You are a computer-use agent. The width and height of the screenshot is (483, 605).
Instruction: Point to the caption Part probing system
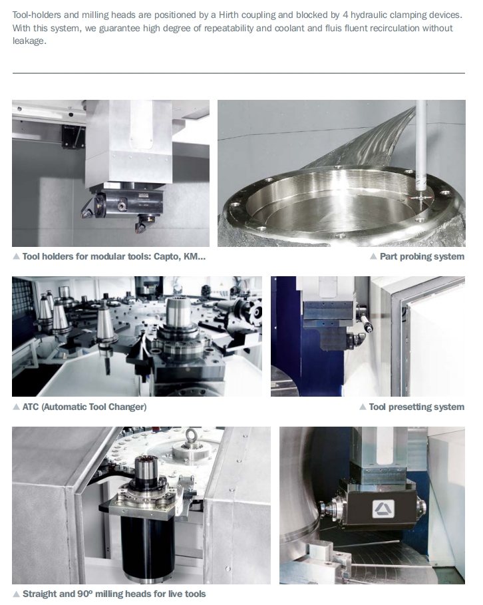point(422,257)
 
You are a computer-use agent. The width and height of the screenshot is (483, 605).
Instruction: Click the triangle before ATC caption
point(16,407)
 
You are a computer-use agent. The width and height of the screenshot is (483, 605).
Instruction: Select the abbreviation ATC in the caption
point(31,407)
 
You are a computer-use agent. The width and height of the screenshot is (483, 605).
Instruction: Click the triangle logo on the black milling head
point(383,509)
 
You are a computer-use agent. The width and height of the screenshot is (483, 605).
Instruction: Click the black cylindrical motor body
point(148,547)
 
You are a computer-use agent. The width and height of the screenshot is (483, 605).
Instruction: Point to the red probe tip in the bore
point(419,198)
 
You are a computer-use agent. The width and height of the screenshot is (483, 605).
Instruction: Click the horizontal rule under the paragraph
point(238,73)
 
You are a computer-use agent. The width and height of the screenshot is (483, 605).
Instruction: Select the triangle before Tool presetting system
point(363,407)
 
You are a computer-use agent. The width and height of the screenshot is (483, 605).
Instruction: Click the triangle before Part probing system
point(373,257)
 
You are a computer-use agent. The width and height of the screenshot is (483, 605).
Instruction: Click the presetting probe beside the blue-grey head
point(365,319)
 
